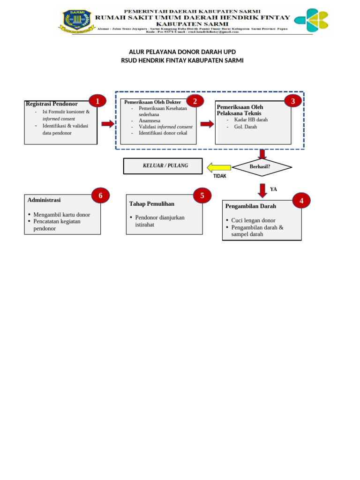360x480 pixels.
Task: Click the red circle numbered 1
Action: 97,101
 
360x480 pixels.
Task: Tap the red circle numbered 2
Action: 195,101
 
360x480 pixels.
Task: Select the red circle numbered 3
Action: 293,101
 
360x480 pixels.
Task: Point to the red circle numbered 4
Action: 301,201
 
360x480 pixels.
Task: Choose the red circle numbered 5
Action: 202,195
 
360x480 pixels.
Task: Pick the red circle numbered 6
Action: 100,195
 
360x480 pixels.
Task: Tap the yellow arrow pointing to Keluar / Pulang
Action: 219,167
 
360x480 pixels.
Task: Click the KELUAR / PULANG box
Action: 163,166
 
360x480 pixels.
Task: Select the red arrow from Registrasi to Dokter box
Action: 108,124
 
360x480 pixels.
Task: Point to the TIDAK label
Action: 220,176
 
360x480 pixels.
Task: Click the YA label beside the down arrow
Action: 274,189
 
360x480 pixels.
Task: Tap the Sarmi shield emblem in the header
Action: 74,20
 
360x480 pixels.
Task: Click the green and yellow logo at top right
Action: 311,20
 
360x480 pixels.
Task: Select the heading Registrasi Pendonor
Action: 52,104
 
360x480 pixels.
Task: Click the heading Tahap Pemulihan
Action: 151,203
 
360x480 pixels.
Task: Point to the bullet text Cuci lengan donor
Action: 253,220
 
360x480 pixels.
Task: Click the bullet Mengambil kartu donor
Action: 61,215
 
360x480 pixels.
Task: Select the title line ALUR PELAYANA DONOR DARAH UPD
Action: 182,52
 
